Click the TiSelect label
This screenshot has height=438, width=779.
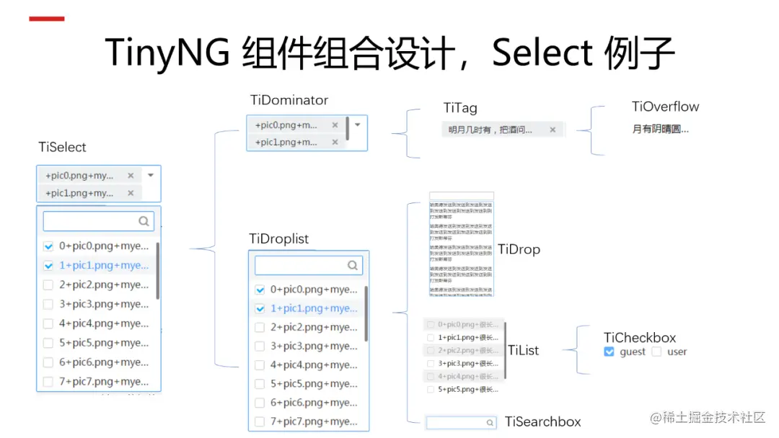62,147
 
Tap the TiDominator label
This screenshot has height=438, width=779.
289,100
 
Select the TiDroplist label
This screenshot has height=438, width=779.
278,238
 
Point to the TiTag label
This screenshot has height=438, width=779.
460,108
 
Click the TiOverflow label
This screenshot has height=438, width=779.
665,107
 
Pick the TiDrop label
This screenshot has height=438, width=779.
519,249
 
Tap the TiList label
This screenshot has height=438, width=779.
523,350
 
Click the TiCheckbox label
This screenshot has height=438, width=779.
640,337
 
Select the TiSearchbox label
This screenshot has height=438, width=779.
542,421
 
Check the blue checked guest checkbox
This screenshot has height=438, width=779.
609,352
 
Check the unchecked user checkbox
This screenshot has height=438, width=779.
656,352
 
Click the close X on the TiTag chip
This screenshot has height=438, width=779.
553,130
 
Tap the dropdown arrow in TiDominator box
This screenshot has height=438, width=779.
357,125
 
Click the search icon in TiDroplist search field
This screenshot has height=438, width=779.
353,265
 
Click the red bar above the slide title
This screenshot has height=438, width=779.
47,19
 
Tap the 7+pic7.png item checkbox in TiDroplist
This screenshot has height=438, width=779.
260,421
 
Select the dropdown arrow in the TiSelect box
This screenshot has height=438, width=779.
151,175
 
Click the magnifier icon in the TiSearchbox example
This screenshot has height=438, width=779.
490,423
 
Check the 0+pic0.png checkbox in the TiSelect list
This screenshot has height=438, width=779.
48,246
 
